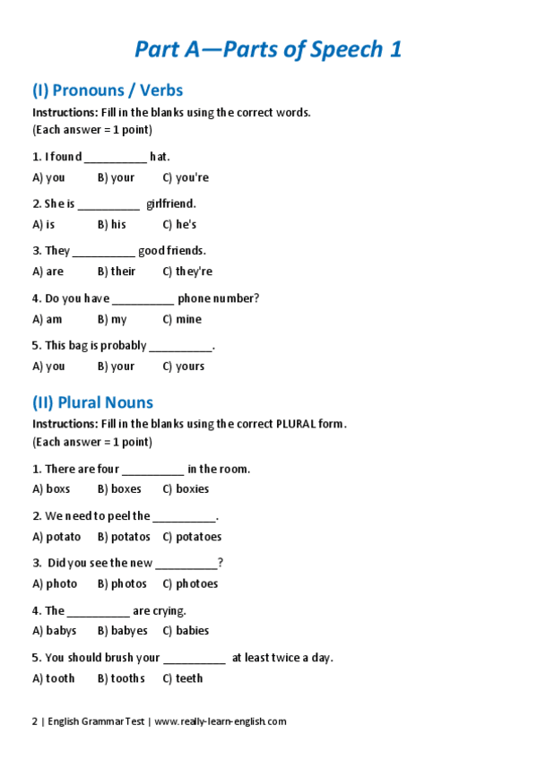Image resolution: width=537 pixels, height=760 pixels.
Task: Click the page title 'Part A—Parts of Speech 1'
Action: pos(268,48)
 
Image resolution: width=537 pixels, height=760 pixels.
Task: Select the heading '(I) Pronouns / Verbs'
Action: pos(108,90)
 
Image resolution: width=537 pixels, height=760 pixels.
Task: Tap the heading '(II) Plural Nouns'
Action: pos(92,402)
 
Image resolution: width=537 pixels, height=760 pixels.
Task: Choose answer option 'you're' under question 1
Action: pos(186,177)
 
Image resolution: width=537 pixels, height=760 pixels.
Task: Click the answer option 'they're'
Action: pos(187,272)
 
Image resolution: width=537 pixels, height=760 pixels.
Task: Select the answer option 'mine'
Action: pos(182,319)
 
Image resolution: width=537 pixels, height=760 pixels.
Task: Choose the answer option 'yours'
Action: pos(184,366)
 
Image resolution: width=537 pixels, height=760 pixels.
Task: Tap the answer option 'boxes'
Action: pos(119,489)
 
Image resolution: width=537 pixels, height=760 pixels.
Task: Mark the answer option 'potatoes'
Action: pos(192,537)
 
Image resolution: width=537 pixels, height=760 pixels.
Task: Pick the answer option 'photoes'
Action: pos(190,583)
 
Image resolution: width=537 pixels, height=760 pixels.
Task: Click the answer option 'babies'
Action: pos(186,631)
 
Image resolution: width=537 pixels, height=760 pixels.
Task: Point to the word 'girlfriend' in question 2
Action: pos(170,204)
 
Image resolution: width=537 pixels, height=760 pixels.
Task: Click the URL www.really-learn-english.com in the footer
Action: pos(221,721)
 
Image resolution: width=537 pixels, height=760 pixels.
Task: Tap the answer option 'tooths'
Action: pos(121,678)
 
